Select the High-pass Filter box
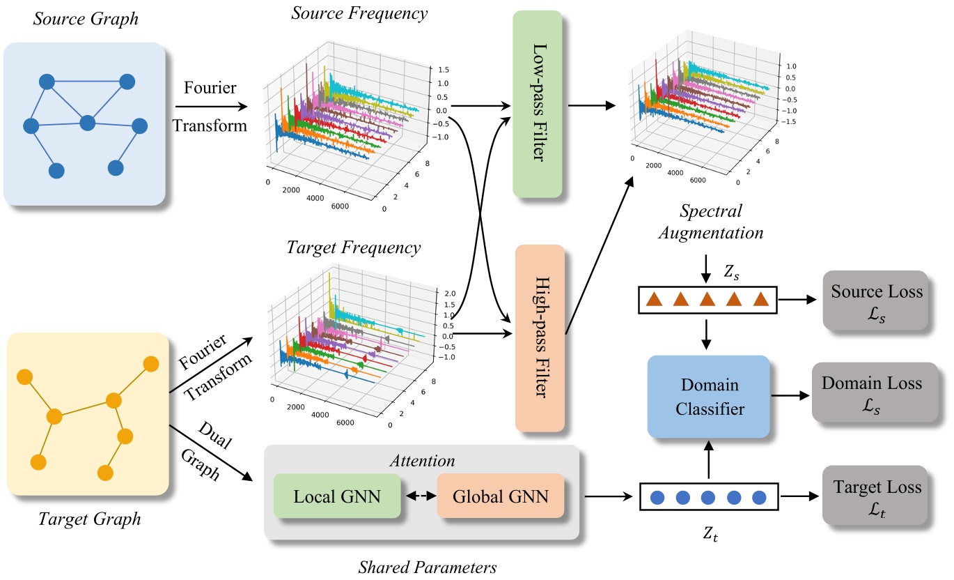pyautogui.click(x=541, y=338)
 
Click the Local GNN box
pyautogui.click(x=337, y=496)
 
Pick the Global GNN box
pyautogui.click(x=500, y=496)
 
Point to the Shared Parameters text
pyautogui.click(x=427, y=566)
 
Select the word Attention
pyautogui.click(x=422, y=461)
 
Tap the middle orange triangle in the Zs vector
pyautogui.click(x=706, y=300)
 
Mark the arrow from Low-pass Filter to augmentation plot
pyautogui.click(x=593, y=106)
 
